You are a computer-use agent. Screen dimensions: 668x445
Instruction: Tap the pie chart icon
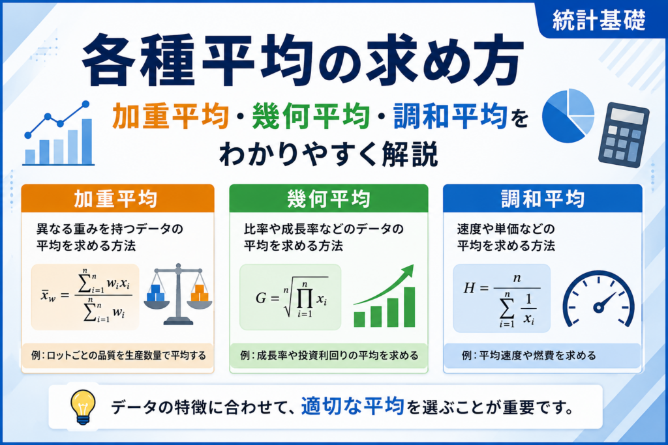568,116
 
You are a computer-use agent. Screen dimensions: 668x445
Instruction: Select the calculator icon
624,135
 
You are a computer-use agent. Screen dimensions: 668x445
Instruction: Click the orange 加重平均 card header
117,198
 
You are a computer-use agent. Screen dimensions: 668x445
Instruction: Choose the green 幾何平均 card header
329,198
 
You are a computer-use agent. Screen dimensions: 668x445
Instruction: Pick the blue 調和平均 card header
542,198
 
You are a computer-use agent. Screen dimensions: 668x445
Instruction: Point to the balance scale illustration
178,294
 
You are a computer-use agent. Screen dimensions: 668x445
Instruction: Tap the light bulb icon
83,407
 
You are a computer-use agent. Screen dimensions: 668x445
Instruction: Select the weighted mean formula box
85,297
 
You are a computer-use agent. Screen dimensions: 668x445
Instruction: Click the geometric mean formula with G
290,297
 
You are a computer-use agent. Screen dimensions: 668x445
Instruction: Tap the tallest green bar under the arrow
409,307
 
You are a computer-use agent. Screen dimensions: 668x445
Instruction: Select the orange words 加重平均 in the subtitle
170,116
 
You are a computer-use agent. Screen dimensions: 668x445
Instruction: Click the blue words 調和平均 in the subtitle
450,116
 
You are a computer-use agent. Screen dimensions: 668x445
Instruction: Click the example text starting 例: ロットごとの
119,355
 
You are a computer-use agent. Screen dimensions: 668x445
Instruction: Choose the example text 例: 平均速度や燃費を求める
528,355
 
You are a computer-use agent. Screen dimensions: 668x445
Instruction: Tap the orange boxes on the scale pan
200,293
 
